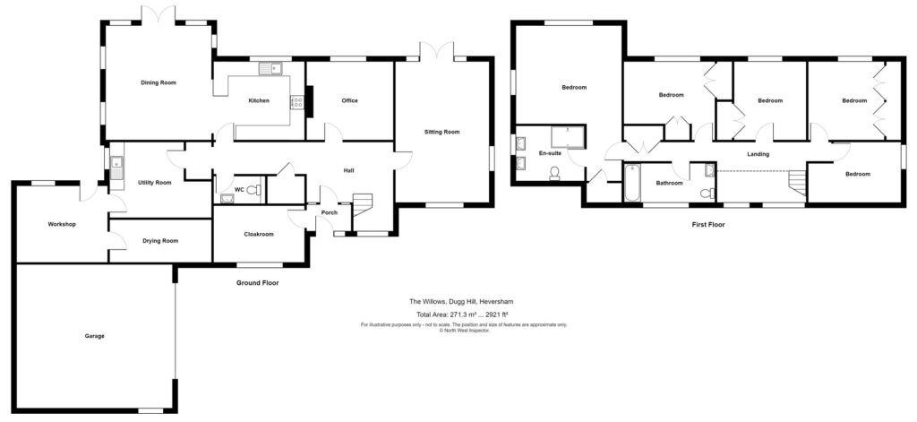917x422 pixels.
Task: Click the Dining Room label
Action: [x=158, y=82]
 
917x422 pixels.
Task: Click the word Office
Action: [x=349, y=100]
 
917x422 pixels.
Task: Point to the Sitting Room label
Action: [x=441, y=132]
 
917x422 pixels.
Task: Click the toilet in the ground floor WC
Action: [x=253, y=189]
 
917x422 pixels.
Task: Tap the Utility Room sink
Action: [x=117, y=164]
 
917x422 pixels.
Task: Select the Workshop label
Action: [x=62, y=223]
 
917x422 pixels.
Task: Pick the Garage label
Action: [x=95, y=336]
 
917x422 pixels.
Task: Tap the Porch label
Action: [x=316, y=212]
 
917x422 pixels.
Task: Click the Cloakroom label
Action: [x=258, y=234]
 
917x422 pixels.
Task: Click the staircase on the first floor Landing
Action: [x=795, y=184]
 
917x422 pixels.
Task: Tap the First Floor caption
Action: [x=707, y=225]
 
